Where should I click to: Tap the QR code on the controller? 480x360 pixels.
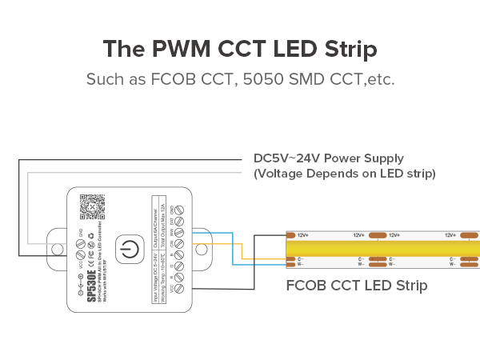tap(94, 206)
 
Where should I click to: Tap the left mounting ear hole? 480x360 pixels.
tap(56, 250)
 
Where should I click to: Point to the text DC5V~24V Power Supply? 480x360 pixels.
tap(328, 158)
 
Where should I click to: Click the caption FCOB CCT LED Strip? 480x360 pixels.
tap(356, 285)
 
